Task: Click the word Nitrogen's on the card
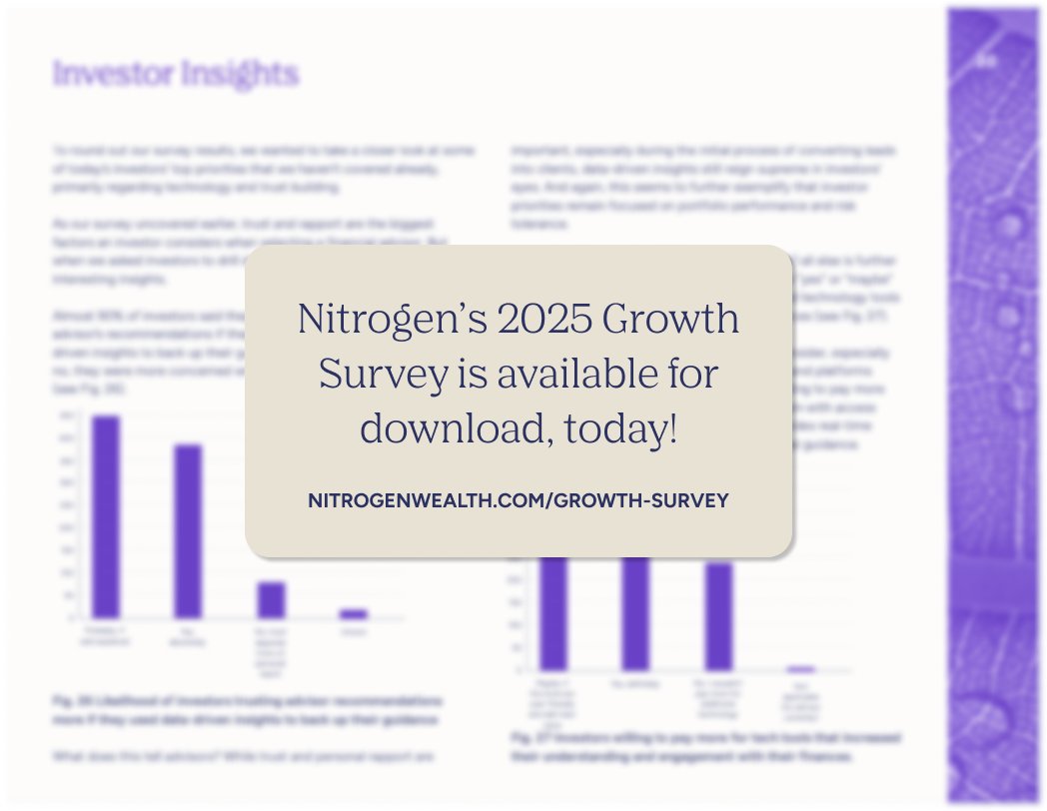(x=362, y=320)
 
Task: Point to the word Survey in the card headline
(x=382, y=375)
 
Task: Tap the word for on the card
(x=695, y=375)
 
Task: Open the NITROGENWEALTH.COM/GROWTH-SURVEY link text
(x=519, y=499)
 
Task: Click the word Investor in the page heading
(x=111, y=74)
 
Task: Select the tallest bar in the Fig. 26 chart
(x=106, y=516)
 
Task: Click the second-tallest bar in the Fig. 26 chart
(x=188, y=531)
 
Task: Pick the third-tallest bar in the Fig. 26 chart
(x=271, y=599)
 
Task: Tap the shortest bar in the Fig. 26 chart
(x=354, y=613)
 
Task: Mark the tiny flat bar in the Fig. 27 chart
(x=801, y=668)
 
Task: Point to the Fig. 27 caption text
(x=704, y=747)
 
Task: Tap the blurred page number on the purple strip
(x=987, y=61)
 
